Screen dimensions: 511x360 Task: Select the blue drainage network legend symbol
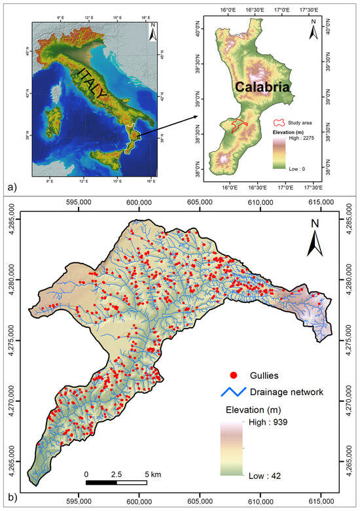pos(235,392)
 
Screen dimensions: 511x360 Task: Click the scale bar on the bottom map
pos(116,483)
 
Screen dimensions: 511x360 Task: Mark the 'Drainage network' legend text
pos(285,392)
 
